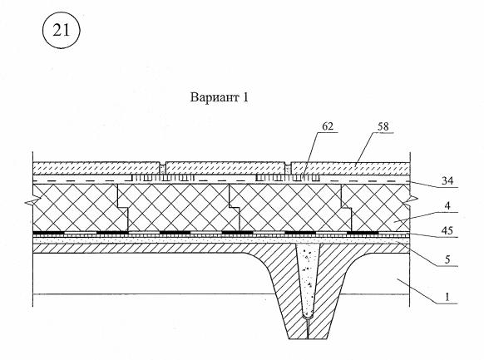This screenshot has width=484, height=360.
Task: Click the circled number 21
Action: (61, 31)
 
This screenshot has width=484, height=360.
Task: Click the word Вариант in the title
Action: (215, 97)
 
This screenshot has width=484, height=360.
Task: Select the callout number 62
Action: (328, 126)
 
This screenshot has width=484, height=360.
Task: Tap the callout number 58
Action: (383, 126)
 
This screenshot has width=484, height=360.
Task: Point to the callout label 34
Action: (447, 180)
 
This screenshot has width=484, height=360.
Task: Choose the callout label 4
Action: (447, 205)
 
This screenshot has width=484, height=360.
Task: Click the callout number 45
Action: (447, 230)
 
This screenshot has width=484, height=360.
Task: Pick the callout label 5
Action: (447, 259)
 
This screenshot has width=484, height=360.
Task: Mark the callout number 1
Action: (447, 297)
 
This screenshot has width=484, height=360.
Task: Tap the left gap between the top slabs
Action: (163, 168)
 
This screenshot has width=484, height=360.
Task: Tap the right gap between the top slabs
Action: (288, 168)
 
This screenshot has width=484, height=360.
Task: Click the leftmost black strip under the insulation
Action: (48, 232)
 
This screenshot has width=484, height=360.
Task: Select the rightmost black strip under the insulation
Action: (363, 232)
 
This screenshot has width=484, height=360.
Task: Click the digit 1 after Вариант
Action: (245, 97)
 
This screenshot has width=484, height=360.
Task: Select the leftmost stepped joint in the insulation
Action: (123, 207)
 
